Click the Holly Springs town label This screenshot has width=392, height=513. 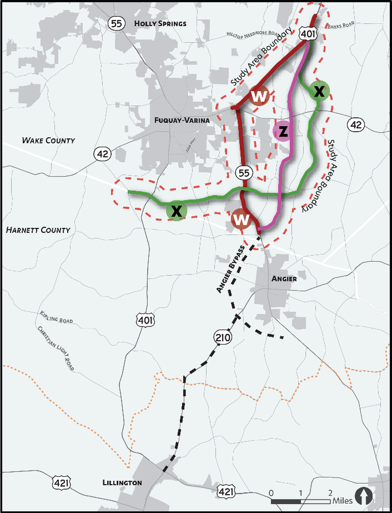(x=160, y=24)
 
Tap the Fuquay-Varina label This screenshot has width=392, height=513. (x=182, y=120)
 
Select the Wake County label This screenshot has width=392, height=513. (x=48, y=140)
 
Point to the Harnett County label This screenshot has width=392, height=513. (x=38, y=230)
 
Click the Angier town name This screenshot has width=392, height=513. (x=284, y=279)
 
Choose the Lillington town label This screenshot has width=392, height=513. (x=122, y=483)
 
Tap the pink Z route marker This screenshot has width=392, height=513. (x=283, y=131)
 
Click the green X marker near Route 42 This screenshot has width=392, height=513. (x=319, y=91)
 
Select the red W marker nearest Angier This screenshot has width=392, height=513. (x=241, y=219)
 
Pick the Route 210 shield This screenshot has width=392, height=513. (x=223, y=337)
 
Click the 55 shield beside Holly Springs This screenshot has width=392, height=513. (x=116, y=23)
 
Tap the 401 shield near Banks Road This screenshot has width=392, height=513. (x=307, y=34)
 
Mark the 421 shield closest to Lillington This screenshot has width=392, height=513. (x=61, y=483)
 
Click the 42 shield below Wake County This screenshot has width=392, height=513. (x=102, y=154)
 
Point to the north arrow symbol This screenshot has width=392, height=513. (x=364, y=496)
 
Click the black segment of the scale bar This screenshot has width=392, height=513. (x=286, y=502)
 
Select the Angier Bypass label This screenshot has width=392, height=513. (x=230, y=269)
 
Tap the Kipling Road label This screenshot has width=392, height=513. (x=56, y=317)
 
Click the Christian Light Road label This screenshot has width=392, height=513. (x=56, y=348)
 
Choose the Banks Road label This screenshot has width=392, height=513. (x=341, y=25)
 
